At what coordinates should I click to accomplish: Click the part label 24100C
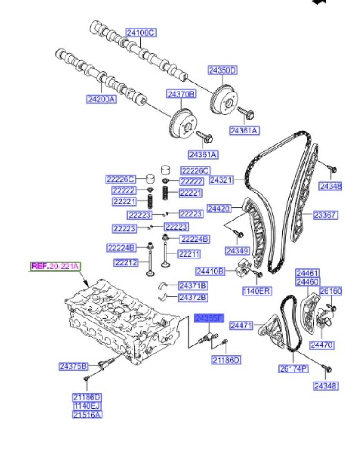tap(141, 32)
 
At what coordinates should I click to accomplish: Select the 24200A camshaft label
tap(101, 98)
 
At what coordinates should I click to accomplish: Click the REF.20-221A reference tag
tap(55, 266)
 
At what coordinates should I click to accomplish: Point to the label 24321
tap(221, 180)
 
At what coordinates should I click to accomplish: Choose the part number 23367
tap(325, 215)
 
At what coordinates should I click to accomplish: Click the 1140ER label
tap(257, 291)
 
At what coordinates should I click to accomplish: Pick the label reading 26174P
tap(293, 369)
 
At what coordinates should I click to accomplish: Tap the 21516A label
tap(88, 414)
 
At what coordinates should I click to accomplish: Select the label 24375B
tap(73, 366)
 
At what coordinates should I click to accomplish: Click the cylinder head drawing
tap(120, 320)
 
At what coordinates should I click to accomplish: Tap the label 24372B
tap(193, 297)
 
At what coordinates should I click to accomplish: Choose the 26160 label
tap(331, 291)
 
